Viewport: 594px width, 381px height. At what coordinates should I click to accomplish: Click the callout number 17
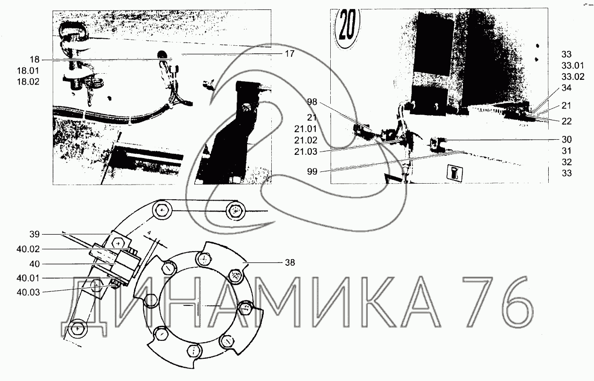(x=290, y=54)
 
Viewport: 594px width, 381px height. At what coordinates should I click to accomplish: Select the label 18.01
(x=28, y=70)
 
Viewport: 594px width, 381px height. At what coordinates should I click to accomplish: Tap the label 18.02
(x=28, y=82)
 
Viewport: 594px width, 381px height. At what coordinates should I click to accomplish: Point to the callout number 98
(x=312, y=102)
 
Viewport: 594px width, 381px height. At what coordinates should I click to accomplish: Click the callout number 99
(x=312, y=171)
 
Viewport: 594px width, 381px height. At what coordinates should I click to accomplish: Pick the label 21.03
(x=305, y=152)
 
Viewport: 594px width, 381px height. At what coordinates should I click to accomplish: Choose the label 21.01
(x=305, y=129)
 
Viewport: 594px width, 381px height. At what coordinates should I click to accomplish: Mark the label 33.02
(x=573, y=76)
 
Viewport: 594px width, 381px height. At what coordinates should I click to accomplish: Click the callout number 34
(x=567, y=88)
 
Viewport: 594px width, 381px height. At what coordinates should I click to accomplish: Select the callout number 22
(x=567, y=121)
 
